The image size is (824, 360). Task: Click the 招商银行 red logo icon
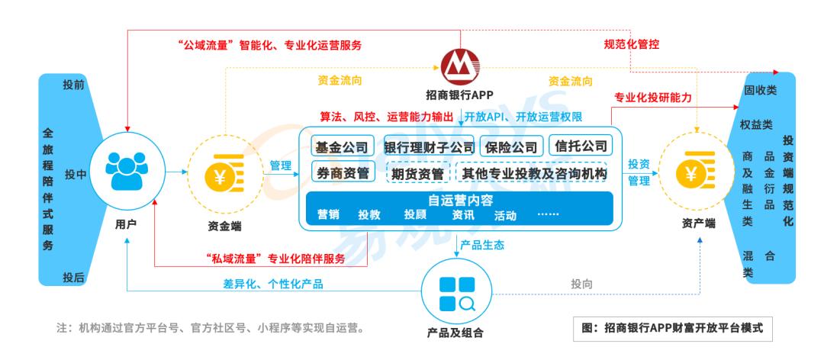point(462,67)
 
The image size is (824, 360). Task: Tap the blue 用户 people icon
point(127,172)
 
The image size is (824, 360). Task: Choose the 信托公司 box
point(581,146)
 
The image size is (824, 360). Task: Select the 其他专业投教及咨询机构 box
point(534,173)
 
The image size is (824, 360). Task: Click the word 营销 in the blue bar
point(329,216)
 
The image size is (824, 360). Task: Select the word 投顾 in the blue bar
point(415,216)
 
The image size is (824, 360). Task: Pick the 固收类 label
point(760,90)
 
